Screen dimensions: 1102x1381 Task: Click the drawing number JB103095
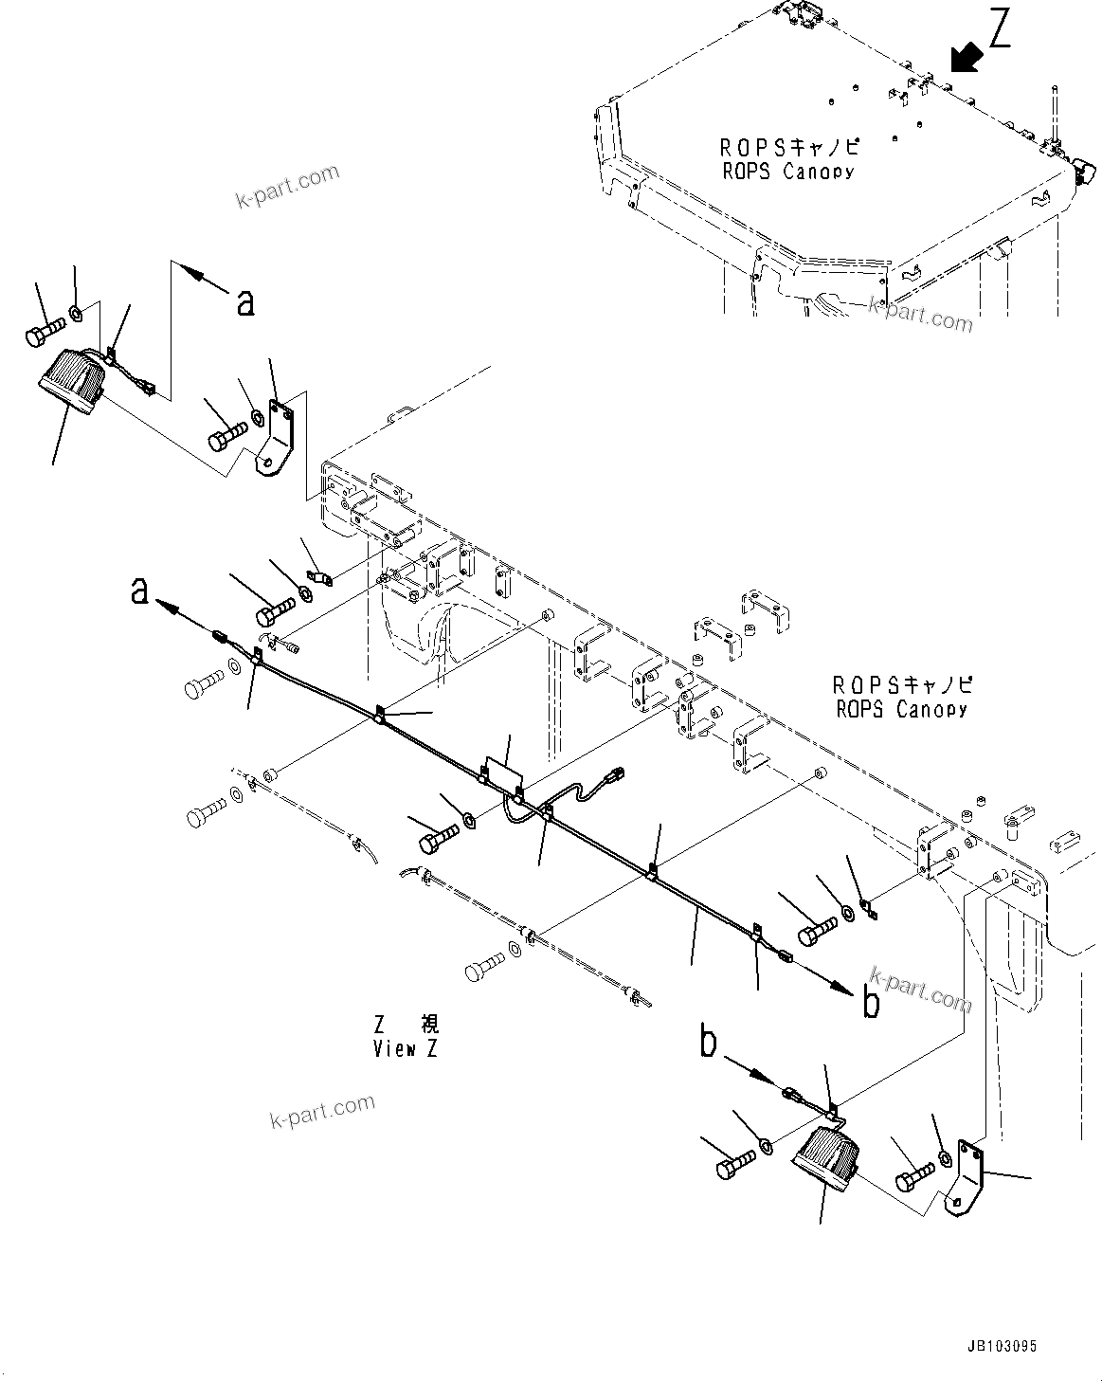1002,1346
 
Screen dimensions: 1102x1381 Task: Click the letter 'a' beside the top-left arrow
245,301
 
